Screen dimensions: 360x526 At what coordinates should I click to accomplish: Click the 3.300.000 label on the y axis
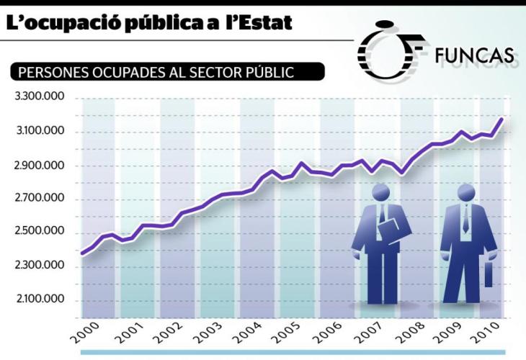40,96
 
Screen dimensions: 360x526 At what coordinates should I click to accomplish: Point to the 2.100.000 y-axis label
40,299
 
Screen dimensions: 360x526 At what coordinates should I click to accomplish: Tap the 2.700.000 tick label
40,198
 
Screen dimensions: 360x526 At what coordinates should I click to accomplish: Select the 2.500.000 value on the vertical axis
40,231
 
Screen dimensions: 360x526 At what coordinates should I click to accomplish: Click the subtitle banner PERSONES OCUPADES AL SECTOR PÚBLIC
166,72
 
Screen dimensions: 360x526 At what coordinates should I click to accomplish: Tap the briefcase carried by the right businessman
488,276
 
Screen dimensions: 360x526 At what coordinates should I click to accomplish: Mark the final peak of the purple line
501,119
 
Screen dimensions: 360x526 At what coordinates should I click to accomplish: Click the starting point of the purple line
83,253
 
